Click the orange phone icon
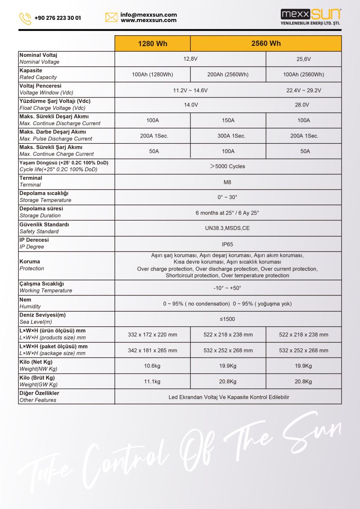(x=25, y=18)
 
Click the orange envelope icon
(x=111, y=17)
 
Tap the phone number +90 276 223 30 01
(x=57, y=18)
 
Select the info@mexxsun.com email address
(x=149, y=14)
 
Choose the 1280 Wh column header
(x=152, y=43)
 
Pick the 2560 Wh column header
(x=266, y=43)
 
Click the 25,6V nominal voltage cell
(x=304, y=59)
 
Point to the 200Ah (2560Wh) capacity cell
(x=228, y=75)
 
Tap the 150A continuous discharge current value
(x=228, y=120)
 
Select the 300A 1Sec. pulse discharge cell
(x=228, y=136)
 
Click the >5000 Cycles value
(x=228, y=166)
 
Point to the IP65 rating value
(x=228, y=244)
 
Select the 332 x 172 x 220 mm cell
(x=152, y=335)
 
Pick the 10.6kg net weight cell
(x=152, y=366)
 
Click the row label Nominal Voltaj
(x=38, y=55)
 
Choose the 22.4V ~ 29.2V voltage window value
(x=304, y=90)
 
